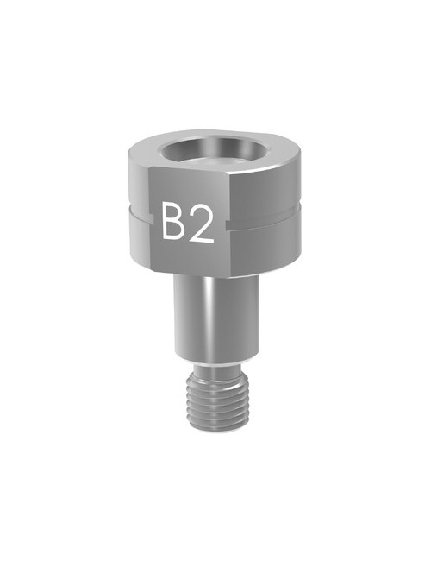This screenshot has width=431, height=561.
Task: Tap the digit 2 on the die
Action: (x=201, y=224)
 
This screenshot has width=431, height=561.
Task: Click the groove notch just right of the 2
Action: (x=227, y=226)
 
